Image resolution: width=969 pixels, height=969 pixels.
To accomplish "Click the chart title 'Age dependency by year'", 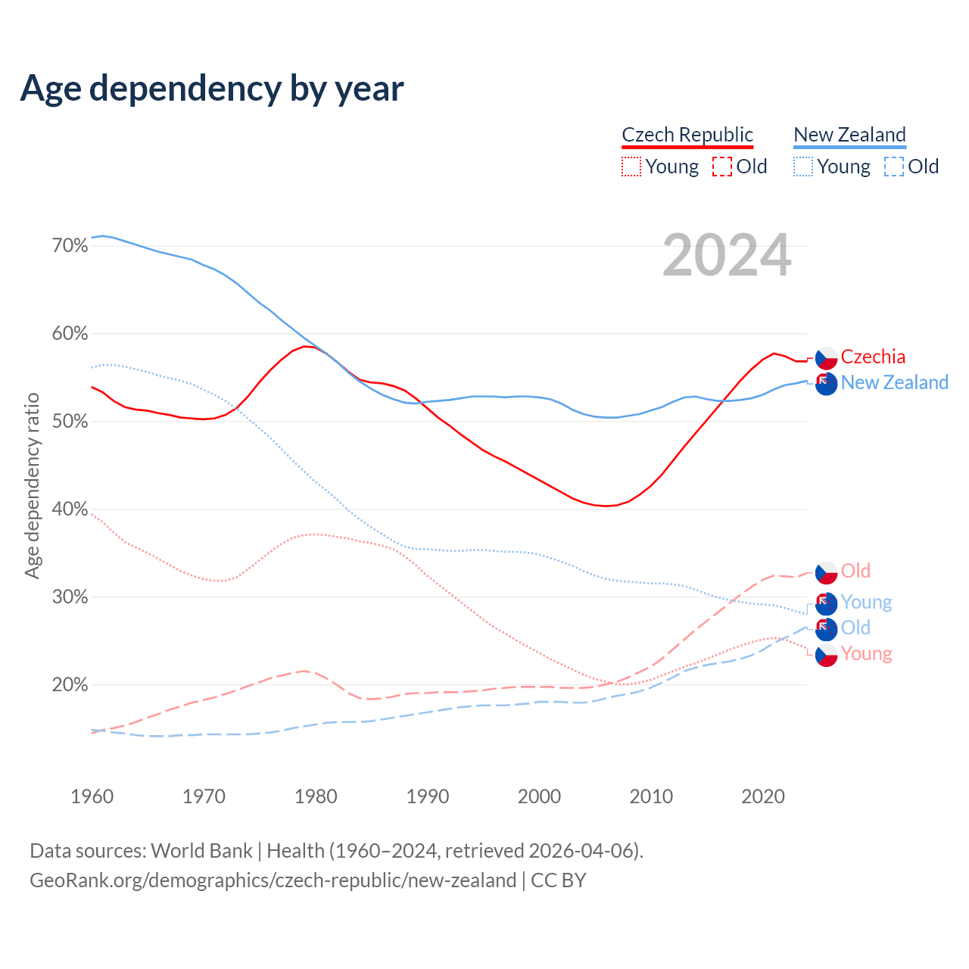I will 212,89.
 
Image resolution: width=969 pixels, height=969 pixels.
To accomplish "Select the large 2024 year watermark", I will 727,255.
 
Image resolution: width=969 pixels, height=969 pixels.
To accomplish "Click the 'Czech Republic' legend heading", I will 687,135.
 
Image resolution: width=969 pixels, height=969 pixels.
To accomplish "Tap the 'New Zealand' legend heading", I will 849,135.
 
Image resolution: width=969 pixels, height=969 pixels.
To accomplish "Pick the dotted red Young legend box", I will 631,167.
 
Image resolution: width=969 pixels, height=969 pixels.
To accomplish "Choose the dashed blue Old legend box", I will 894,167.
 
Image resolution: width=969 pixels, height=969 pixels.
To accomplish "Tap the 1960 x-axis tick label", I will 92,796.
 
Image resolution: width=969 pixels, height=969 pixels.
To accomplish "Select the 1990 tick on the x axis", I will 428,796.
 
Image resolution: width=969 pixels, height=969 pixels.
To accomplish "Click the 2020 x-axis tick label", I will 763,796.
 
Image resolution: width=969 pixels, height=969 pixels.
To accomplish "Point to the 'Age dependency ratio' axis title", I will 32,485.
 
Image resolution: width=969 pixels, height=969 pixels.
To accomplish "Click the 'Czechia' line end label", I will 873,357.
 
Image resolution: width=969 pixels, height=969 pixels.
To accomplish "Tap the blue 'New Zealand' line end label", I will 894,382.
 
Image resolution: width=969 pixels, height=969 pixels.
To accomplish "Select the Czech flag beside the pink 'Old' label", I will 826,572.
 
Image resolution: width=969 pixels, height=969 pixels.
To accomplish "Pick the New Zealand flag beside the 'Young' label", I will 826,603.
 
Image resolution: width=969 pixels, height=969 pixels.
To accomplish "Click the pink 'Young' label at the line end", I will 866,653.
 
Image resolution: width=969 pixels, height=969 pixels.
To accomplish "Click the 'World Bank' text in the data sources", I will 201,851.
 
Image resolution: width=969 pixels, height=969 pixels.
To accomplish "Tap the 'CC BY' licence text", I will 559,880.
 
